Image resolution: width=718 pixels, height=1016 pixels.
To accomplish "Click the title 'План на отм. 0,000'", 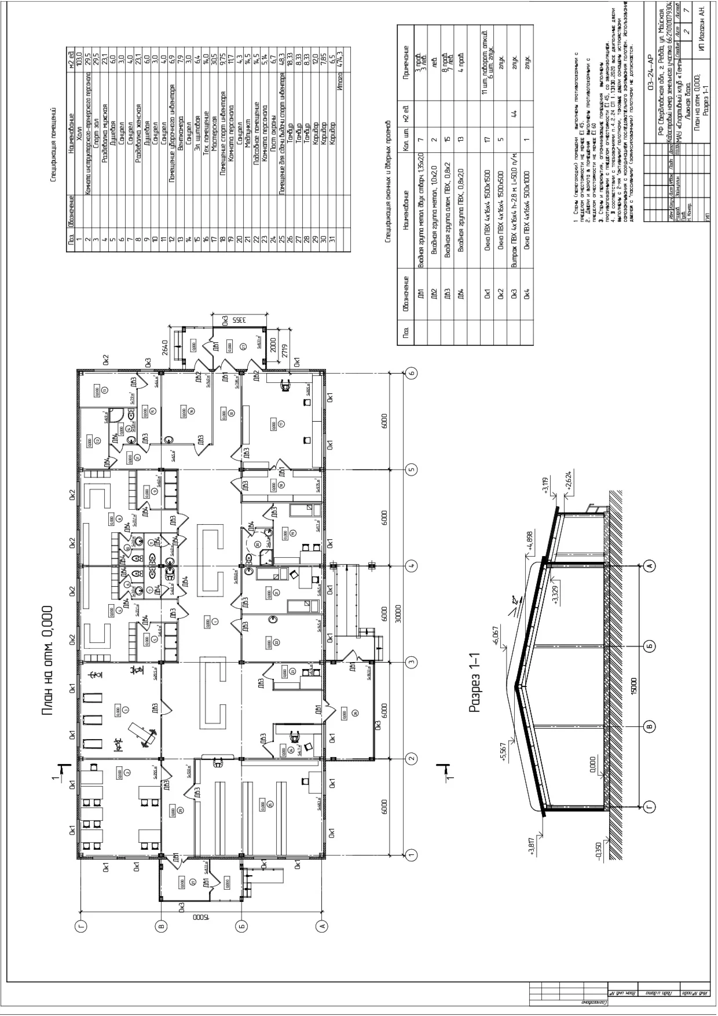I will (47, 660).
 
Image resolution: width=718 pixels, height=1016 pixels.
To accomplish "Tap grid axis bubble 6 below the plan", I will (412, 372).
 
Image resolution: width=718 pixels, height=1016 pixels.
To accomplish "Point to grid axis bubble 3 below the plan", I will (412, 661).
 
